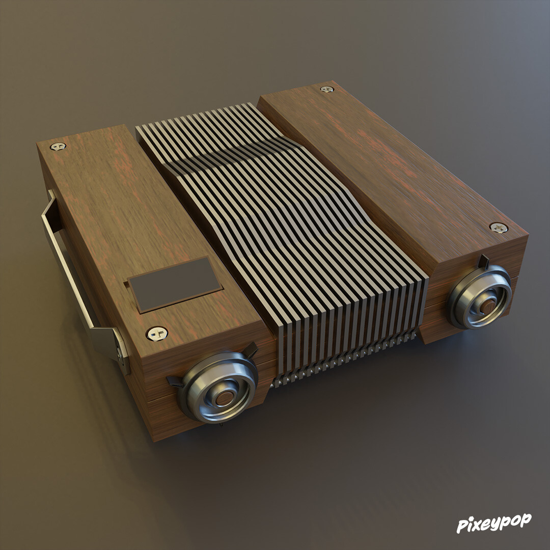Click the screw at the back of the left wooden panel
click(x=58, y=147)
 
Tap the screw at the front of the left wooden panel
click(x=157, y=334)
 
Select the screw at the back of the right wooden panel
click(x=326, y=90)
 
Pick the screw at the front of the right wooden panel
click(x=498, y=228)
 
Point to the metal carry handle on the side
click(x=66, y=265)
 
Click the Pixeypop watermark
click(x=493, y=523)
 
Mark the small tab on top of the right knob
click(x=483, y=262)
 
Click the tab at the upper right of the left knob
click(x=251, y=350)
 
